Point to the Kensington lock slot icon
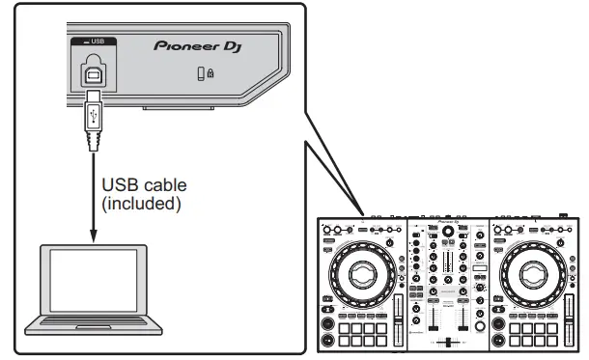[x=206, y=74]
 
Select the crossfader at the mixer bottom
[x=448, y=342]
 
